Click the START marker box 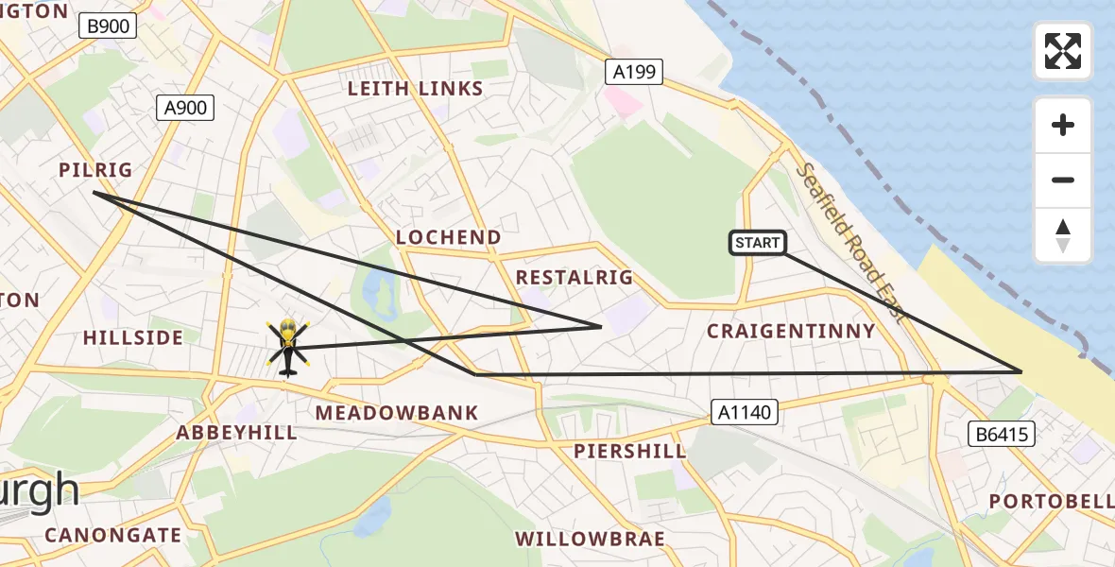tap(758, 243)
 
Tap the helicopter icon tap(287, 347)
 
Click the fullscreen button tap(1063, 51)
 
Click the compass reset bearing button tap(1063, 235)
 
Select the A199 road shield tap(634, 72)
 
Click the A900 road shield tap(185, 108)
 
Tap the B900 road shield tap(108, 26)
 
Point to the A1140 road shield tap(745, 411)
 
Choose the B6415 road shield tap(1002, 434)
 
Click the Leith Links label tap(415, 89)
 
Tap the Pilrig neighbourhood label tap(95, 170)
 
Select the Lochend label tap(449, 237)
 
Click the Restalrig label tap(574, 278)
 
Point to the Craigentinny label tap(792, 331)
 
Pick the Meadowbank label tap(397, 413)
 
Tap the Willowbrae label tap(590, 539)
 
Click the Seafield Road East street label tap(850, 243)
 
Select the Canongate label tap(113, 535)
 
